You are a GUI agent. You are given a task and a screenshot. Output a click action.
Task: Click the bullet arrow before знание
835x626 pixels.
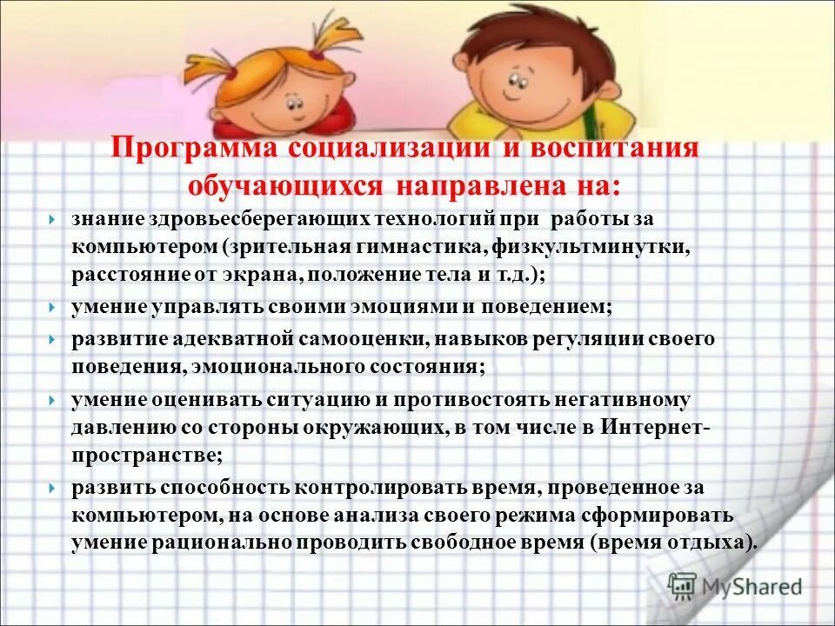(54, 220)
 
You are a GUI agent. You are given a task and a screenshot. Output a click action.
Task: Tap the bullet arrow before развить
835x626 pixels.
(54, 489)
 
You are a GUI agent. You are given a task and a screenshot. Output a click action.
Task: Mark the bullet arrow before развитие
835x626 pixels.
(54, 340)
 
